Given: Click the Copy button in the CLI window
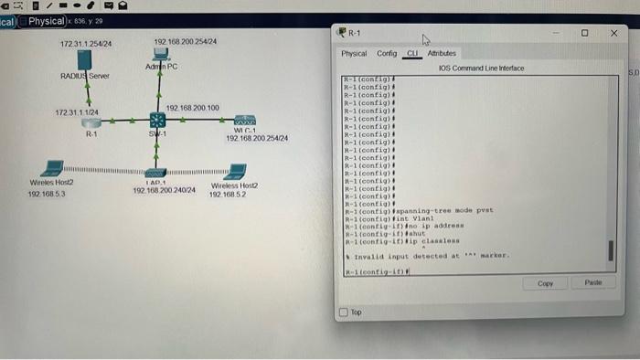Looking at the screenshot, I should [546, 284].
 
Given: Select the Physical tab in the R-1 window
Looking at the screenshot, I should [354, 54].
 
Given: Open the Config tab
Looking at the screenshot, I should [387, 54].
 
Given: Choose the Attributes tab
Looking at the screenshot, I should [442, 54].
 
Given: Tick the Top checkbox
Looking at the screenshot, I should [344, 312].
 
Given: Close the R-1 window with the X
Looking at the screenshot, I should [613, 32].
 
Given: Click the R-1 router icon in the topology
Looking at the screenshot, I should [91, 122].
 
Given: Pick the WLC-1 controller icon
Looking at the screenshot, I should [244, 120].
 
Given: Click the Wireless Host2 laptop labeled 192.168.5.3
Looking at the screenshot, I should [53, 169].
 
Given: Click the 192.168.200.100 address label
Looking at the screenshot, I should [192, 108].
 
